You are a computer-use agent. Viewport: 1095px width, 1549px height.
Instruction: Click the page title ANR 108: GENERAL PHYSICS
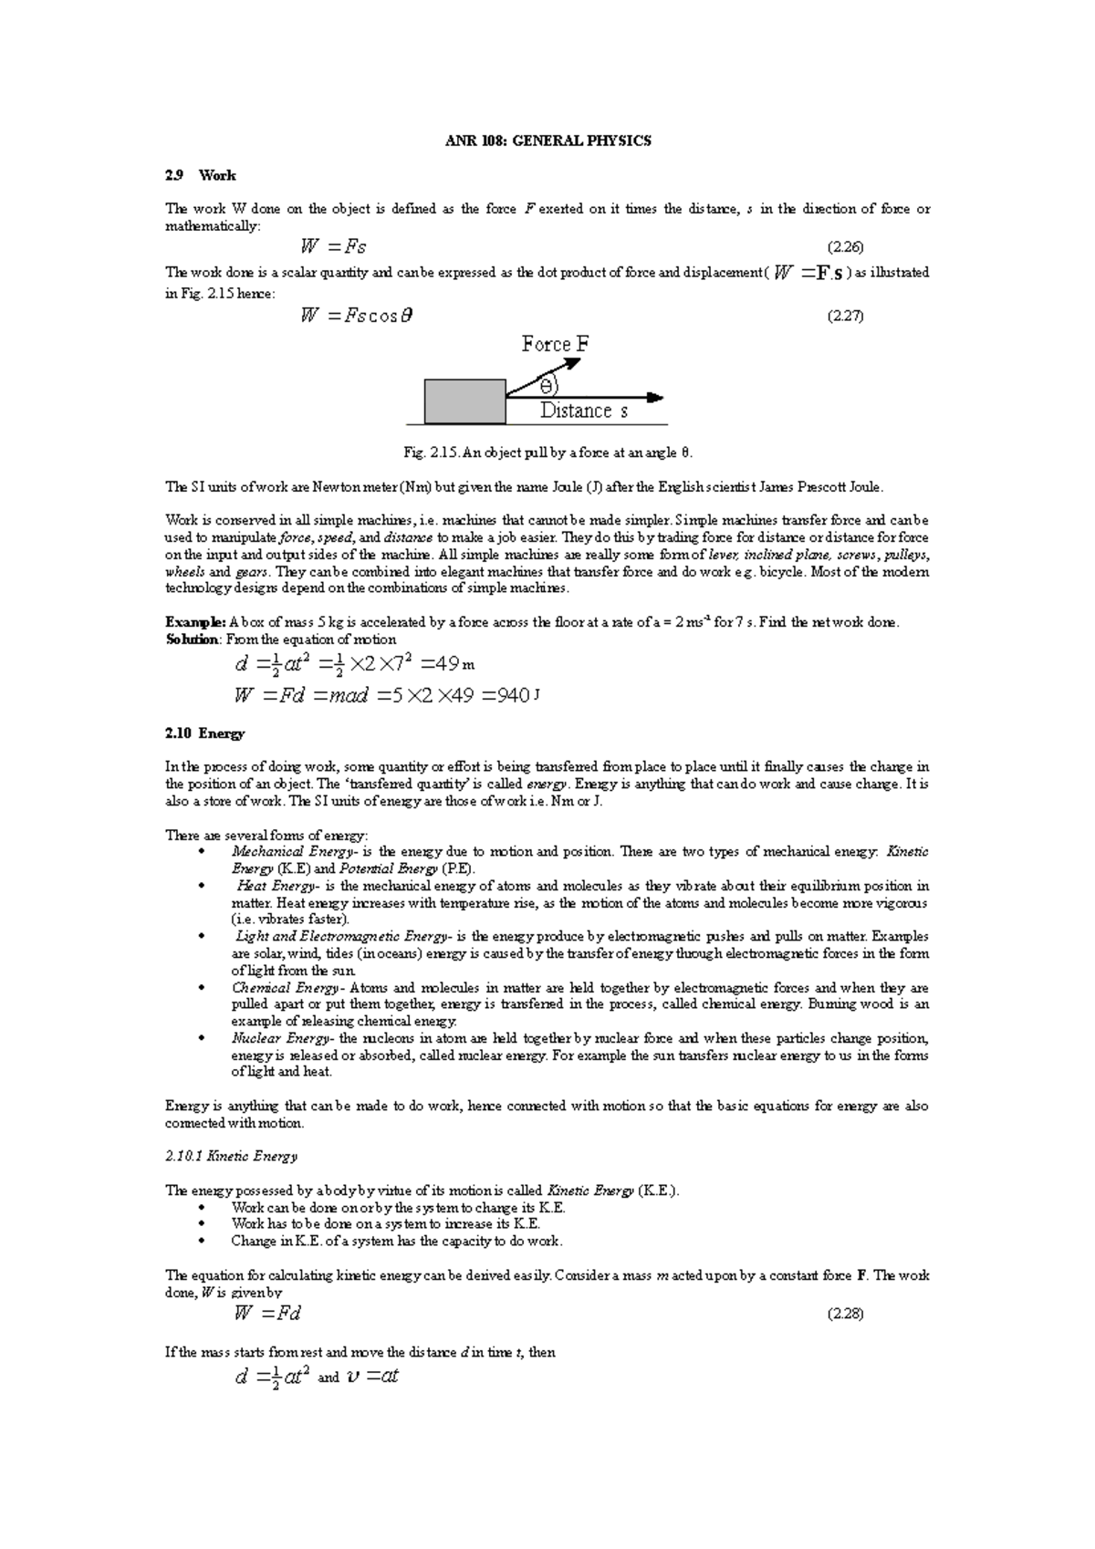pos(547,141)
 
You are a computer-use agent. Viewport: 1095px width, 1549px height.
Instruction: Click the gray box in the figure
pos(464,401)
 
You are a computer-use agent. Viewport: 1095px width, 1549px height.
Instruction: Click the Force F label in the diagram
pos(555,345)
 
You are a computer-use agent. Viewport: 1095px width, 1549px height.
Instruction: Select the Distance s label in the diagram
pos(584,411)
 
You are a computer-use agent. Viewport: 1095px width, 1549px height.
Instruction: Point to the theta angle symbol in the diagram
pos(547,383)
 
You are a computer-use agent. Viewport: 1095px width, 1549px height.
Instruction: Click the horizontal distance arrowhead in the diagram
pos(654,398)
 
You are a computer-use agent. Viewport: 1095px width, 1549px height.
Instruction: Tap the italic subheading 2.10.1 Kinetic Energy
pos(231,1157)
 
